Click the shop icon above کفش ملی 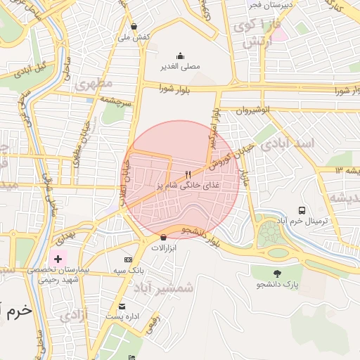[144, 26]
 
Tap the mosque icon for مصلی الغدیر [181, 56]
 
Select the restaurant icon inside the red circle [187, 174]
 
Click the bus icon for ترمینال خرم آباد [302, 210]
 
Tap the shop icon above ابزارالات [163, 237]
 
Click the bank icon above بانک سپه [127, 259]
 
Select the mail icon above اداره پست [122, 307]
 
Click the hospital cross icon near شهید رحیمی [58, 259]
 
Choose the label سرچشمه [116, 101]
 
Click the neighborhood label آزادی [75, 314]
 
